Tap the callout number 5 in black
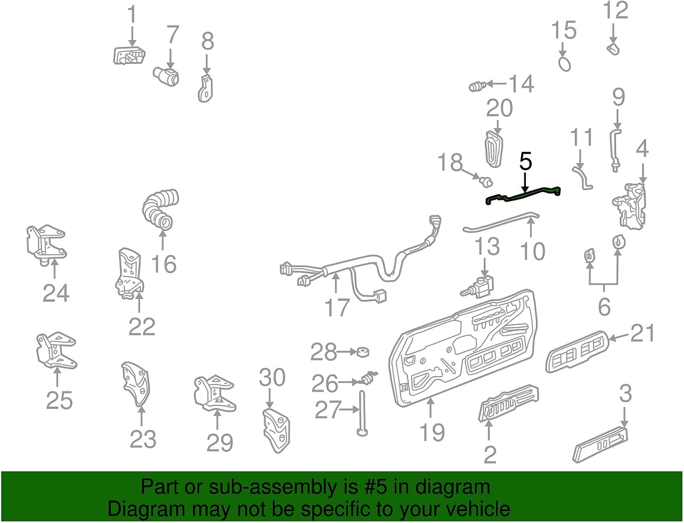coord(526,162)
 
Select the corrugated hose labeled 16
coord(161,209)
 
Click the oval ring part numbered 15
coord(565,63)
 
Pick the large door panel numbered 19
coord(461,351)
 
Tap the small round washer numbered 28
coord(363,352)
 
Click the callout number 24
coord(56,293)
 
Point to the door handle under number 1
coord(129,56)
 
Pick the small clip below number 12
coord(613,49)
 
